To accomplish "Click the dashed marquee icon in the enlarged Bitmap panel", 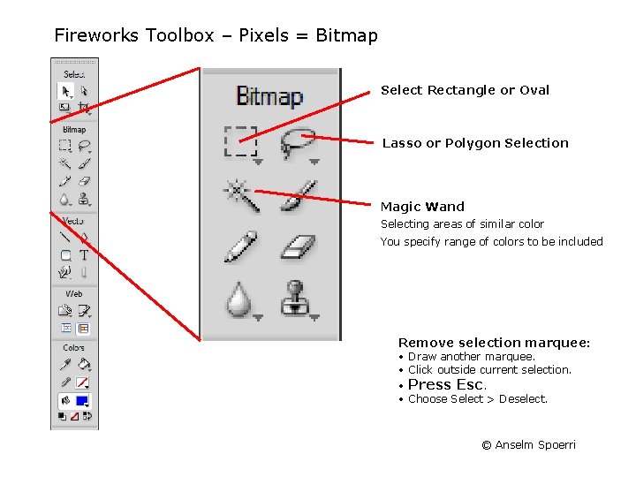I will pos(240,140).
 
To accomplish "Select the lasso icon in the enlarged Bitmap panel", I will pos(299,140).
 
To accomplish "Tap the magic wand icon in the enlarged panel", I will pos(242,193).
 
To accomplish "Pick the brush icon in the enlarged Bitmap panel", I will pos(299,193).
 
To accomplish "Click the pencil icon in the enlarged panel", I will pos(240,246).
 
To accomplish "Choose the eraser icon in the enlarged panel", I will pos(299,246).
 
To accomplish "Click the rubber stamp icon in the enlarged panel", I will pos(299,298).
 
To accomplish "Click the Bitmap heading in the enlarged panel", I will pos(269,96).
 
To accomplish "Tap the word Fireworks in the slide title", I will pos(97,36).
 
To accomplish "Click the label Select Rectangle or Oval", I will pos(465,90).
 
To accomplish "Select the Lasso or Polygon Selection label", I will pos(475,143).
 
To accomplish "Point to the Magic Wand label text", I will pos(422,207).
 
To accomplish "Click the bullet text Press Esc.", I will pos(447,384).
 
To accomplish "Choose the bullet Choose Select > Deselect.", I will pos(478,399).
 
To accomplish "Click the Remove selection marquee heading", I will pos(494,343).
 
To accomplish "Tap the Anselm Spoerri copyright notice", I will pos(528,444).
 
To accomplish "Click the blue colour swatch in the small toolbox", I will pos(82,400).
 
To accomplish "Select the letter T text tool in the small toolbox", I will pos(84,255).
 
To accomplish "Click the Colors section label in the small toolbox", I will pos(74,348).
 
